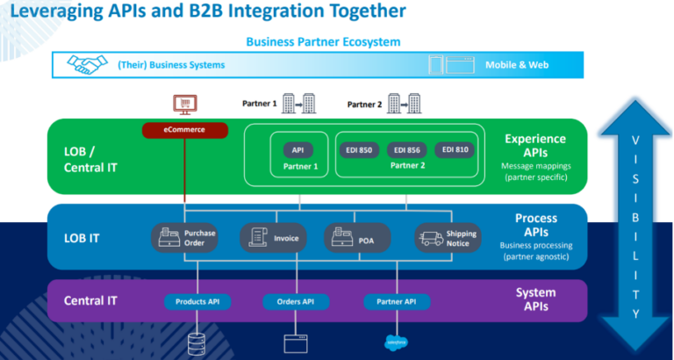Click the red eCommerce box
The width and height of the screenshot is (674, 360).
184,131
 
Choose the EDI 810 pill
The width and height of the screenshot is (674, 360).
454,149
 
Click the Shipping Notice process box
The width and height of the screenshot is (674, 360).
448,237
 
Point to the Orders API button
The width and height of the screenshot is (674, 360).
295,301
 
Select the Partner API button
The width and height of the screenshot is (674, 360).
396,301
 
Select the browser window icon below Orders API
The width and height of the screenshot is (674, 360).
295,342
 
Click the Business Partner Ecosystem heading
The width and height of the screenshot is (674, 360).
322,41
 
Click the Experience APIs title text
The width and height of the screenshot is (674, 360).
535,145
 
